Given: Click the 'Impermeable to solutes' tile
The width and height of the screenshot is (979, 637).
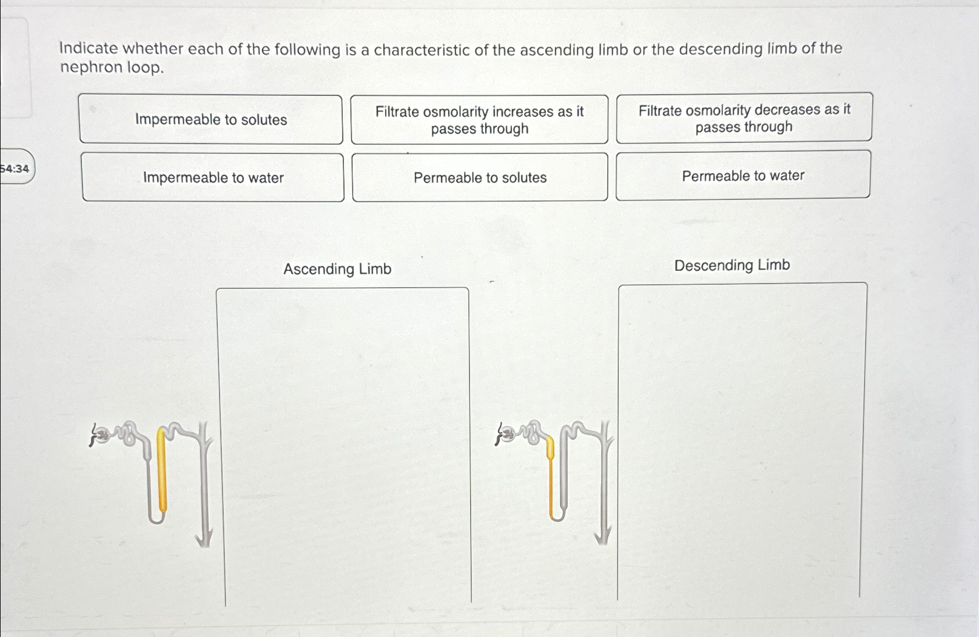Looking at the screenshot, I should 211,120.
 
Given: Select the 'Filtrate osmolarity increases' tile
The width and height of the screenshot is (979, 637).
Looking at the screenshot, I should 479,120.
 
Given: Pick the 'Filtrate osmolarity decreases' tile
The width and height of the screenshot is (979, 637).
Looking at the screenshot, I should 744,118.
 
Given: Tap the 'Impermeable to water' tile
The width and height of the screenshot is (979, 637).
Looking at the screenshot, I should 213,178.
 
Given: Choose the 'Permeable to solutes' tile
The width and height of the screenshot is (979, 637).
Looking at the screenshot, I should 480,178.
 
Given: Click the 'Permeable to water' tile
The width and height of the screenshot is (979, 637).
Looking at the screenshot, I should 743,176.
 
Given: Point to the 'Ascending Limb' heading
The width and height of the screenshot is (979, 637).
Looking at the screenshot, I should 337,269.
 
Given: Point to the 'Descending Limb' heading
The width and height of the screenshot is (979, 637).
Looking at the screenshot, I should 732,265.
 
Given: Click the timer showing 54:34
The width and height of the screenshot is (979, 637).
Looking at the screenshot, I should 15,169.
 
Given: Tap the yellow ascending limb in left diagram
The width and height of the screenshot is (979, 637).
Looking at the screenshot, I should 162,471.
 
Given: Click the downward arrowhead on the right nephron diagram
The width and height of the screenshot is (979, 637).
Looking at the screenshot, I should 603,536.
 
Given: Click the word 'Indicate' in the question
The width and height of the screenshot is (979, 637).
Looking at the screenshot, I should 88,48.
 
